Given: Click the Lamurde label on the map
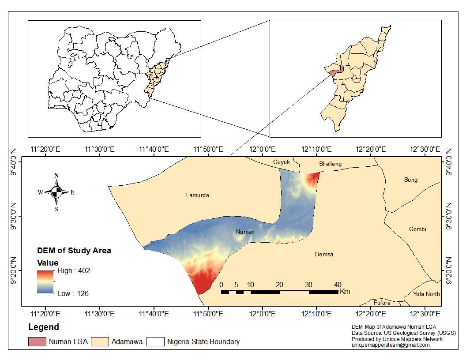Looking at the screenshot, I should pos(197,195).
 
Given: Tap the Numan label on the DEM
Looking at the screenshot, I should pos(245,232).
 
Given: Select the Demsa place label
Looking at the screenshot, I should pos(324,255).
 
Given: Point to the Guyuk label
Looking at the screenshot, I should pos(282,162).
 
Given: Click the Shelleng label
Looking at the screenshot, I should pos(330,164).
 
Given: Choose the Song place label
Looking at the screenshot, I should pos(410,180).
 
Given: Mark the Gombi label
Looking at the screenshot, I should pos(417,229).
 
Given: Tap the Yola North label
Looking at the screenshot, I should pos(426,294).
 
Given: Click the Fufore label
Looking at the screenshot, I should pos(382,303).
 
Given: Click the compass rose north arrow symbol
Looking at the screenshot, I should pos(56,191).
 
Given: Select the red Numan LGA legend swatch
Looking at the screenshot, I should pos(37,341).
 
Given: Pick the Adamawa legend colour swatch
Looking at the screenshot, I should pos(100,341).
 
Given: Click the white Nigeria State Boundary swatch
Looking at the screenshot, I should pos(155,341).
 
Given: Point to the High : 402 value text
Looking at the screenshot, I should pos(74,271).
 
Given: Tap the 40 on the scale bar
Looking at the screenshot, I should pos(338,284).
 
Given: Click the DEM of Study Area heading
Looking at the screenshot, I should pos(74,251).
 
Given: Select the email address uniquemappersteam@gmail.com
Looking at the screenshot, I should pos(390,345).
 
